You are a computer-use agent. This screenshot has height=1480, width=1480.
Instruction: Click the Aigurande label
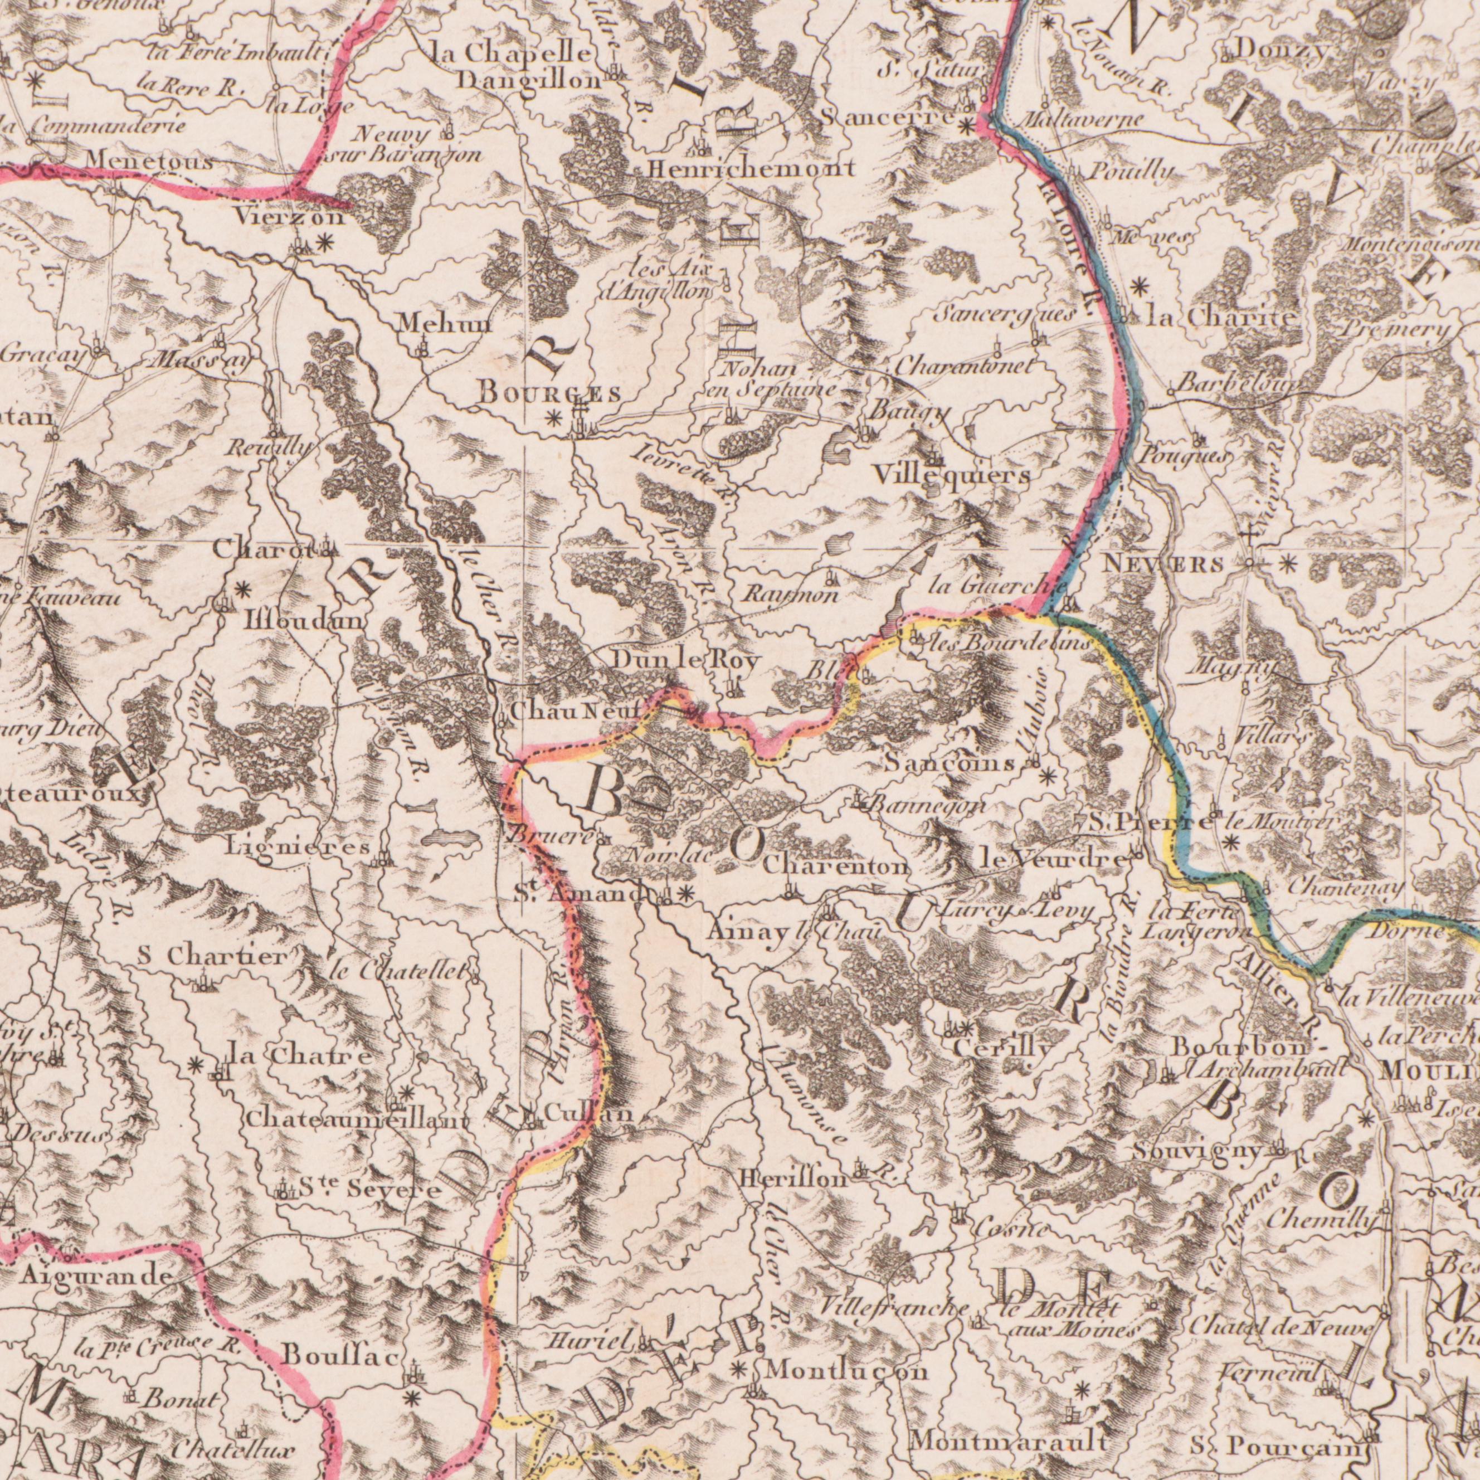pyautogui.click(x=96, y=1275)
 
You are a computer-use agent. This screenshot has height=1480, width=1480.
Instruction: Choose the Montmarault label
pyautogui.click(x=1009, y=1421)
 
